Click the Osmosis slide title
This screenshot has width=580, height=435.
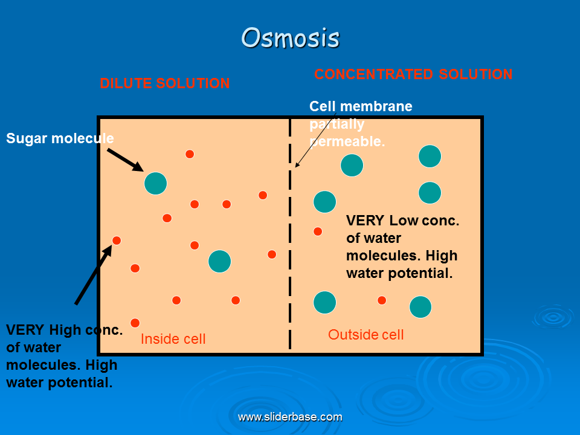[x=291, y=37]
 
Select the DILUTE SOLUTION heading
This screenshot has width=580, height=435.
[x=165, y=83]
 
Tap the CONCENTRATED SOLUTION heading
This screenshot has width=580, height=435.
[x=413, y=74]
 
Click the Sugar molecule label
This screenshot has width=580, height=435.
[x=60, y=138]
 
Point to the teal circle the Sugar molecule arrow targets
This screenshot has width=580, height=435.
[x=155, y=184]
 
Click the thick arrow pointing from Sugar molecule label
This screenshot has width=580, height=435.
[x=125, y=159]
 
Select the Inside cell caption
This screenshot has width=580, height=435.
[x=173, y=339]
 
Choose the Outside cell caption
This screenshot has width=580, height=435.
[x=366, y=334]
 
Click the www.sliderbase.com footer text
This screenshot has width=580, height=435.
[x=290, y=417]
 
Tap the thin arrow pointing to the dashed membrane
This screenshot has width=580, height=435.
[x=315, y=141]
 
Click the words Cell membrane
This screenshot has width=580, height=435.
[x=361, y=106]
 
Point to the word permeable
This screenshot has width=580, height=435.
[x=347, y=141]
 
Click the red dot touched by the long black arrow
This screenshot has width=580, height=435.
[x=117, y=240]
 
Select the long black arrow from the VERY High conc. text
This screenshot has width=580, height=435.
[x=93, y=275]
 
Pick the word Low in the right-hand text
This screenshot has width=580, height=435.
[x=404, y=221]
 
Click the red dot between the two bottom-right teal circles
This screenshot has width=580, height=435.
[x=382, y=300]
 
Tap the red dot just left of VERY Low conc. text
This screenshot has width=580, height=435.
[x=318, y=231]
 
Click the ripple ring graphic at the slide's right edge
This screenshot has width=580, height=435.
[x=553, y=317]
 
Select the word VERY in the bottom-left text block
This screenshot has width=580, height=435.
[x=25, y=330]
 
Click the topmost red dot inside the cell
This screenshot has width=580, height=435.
[x=190, y=154]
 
